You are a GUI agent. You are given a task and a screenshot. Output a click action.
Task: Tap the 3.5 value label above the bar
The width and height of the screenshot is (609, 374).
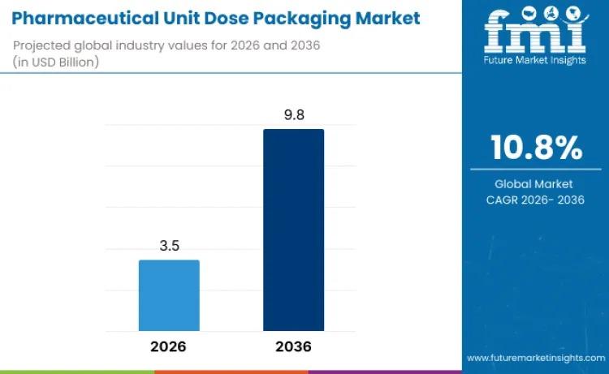(169, 244)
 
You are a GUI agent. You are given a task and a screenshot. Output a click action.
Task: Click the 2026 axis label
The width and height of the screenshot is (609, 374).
(169, 346)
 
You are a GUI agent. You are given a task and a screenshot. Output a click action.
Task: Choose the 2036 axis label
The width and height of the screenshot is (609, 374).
(293, 346)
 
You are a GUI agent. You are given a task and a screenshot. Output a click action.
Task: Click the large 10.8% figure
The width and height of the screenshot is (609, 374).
(535, 148)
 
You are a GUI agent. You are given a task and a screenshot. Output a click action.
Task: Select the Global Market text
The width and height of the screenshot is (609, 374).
(534, 184)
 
